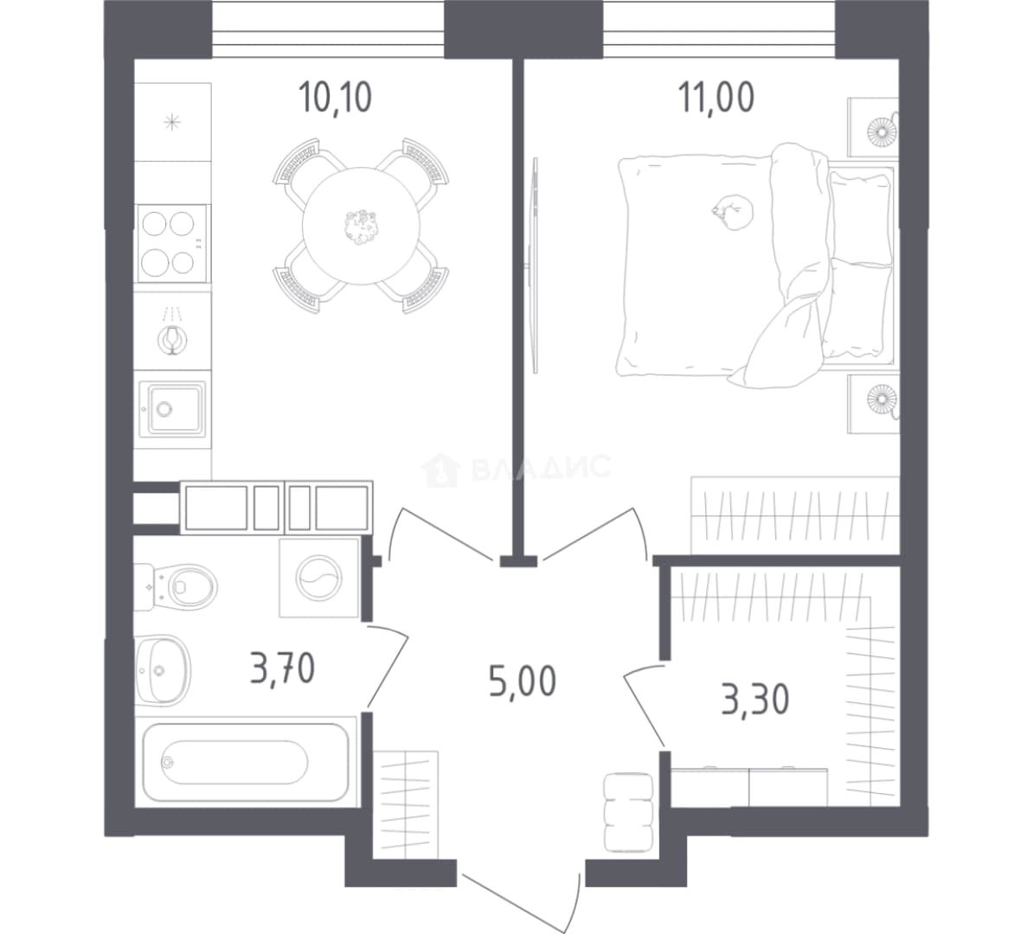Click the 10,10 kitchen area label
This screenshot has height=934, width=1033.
(336, 97)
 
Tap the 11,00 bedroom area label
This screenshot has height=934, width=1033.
(716, 97)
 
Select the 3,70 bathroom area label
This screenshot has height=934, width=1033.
(283, 668)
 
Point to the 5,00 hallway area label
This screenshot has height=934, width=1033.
(523, 681)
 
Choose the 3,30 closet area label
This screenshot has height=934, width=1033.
(755, 700)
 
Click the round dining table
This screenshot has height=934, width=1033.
(361, 226)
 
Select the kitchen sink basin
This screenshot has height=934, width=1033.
(173, 408)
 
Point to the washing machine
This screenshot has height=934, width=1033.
(319, 578)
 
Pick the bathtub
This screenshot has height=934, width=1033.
(245, 763)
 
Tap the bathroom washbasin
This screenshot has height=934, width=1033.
(162, 670)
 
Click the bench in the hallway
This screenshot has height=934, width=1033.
(628, 813)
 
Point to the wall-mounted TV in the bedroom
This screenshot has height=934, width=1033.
(535, 265)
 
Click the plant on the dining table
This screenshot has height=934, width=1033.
(361, 227)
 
